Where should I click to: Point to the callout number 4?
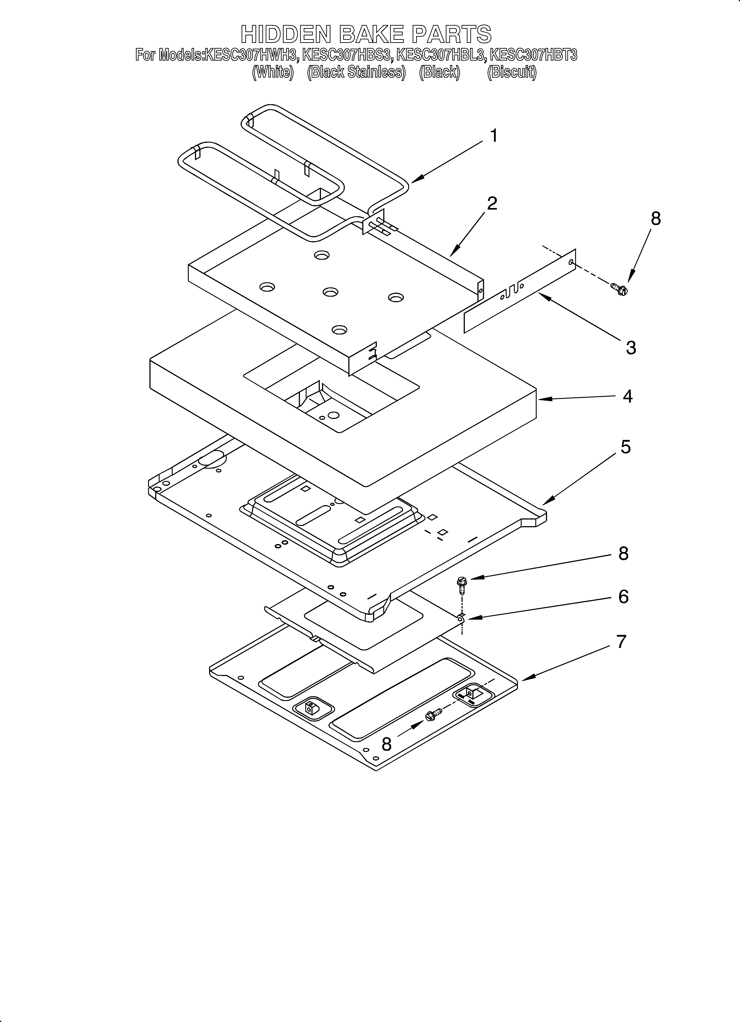click(627, 396)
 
